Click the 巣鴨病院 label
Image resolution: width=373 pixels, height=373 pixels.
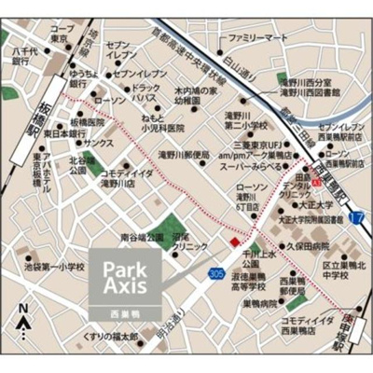coord(269,303)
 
